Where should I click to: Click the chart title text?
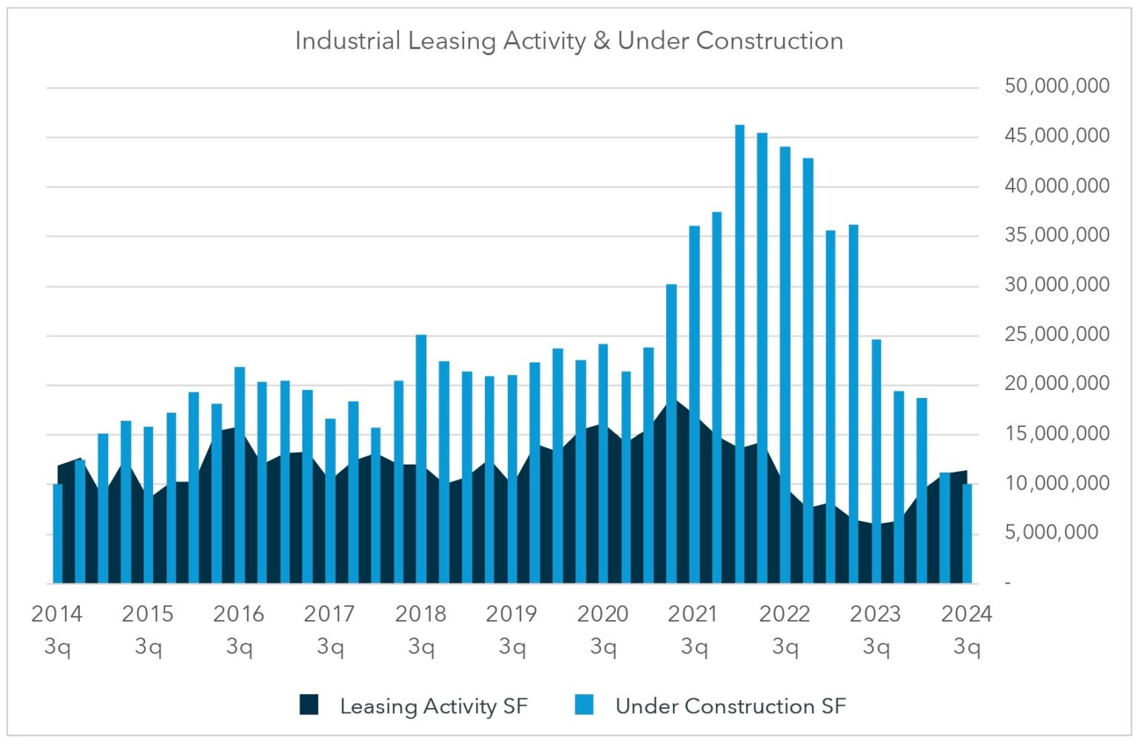coord(568,41)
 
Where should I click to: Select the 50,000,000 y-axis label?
coord(1056,86)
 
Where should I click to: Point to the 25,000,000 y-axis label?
coord(1056,334)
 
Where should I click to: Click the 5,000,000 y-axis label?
coord(1050,532)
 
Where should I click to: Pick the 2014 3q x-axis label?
coord(57,629)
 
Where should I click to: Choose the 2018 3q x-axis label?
coord(420,629)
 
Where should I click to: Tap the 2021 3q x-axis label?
coord(693,629)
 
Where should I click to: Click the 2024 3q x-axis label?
coord(966,629)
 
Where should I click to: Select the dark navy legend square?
coord(309,705)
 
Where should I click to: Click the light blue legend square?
coord(584,705)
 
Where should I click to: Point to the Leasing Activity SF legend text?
coord(434,706)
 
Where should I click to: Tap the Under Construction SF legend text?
coord(730,706)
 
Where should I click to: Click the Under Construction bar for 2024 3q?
coord(967,533)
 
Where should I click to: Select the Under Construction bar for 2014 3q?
coord(58,533)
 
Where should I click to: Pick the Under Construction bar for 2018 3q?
coord(421,459)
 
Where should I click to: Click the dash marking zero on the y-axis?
coord(1007,583)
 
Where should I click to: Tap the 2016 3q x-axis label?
coord(238,629)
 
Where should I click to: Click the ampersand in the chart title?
coord(602,41)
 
